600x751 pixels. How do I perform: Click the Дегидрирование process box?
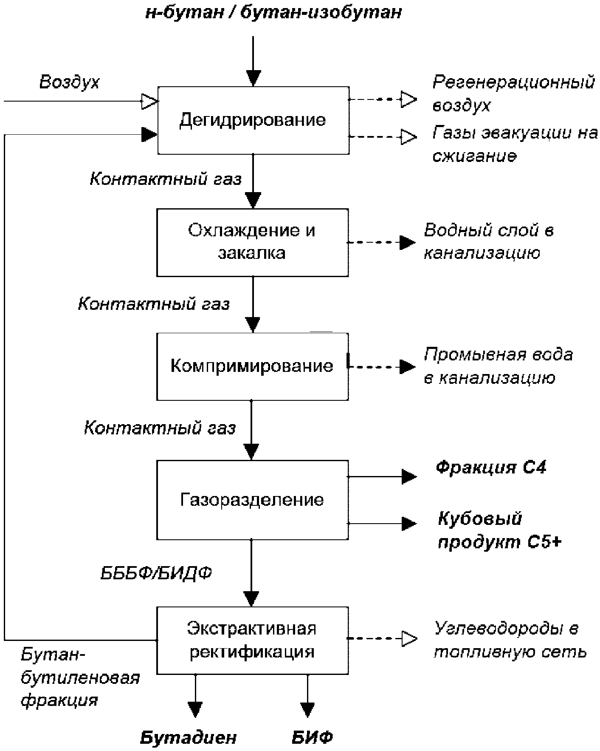click(253, 120)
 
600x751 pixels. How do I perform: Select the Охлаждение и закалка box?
click(252, 242)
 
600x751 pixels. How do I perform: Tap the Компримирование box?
click(252, 366)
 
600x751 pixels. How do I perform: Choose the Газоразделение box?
click(252, 500)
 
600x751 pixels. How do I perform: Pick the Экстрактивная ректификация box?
click(252, 640)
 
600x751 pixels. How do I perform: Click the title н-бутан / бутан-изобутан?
click(273, 13)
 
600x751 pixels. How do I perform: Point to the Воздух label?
click(69, 82)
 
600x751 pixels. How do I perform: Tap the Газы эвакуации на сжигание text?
click(515, 145)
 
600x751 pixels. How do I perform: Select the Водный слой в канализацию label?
click(489, 241)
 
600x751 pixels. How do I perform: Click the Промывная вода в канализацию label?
click(498, 366)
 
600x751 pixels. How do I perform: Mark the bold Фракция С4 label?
click(491, 468)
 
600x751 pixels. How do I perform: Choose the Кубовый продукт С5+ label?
click(500, 530)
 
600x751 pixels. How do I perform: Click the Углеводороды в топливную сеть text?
click(510, 640)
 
